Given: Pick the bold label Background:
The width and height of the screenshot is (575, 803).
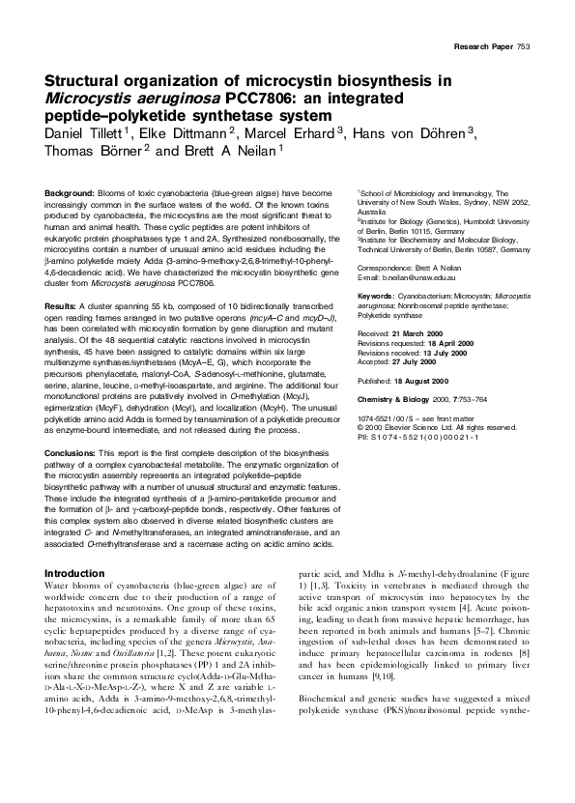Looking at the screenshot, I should pyautogui.click(x=72, y=194).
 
